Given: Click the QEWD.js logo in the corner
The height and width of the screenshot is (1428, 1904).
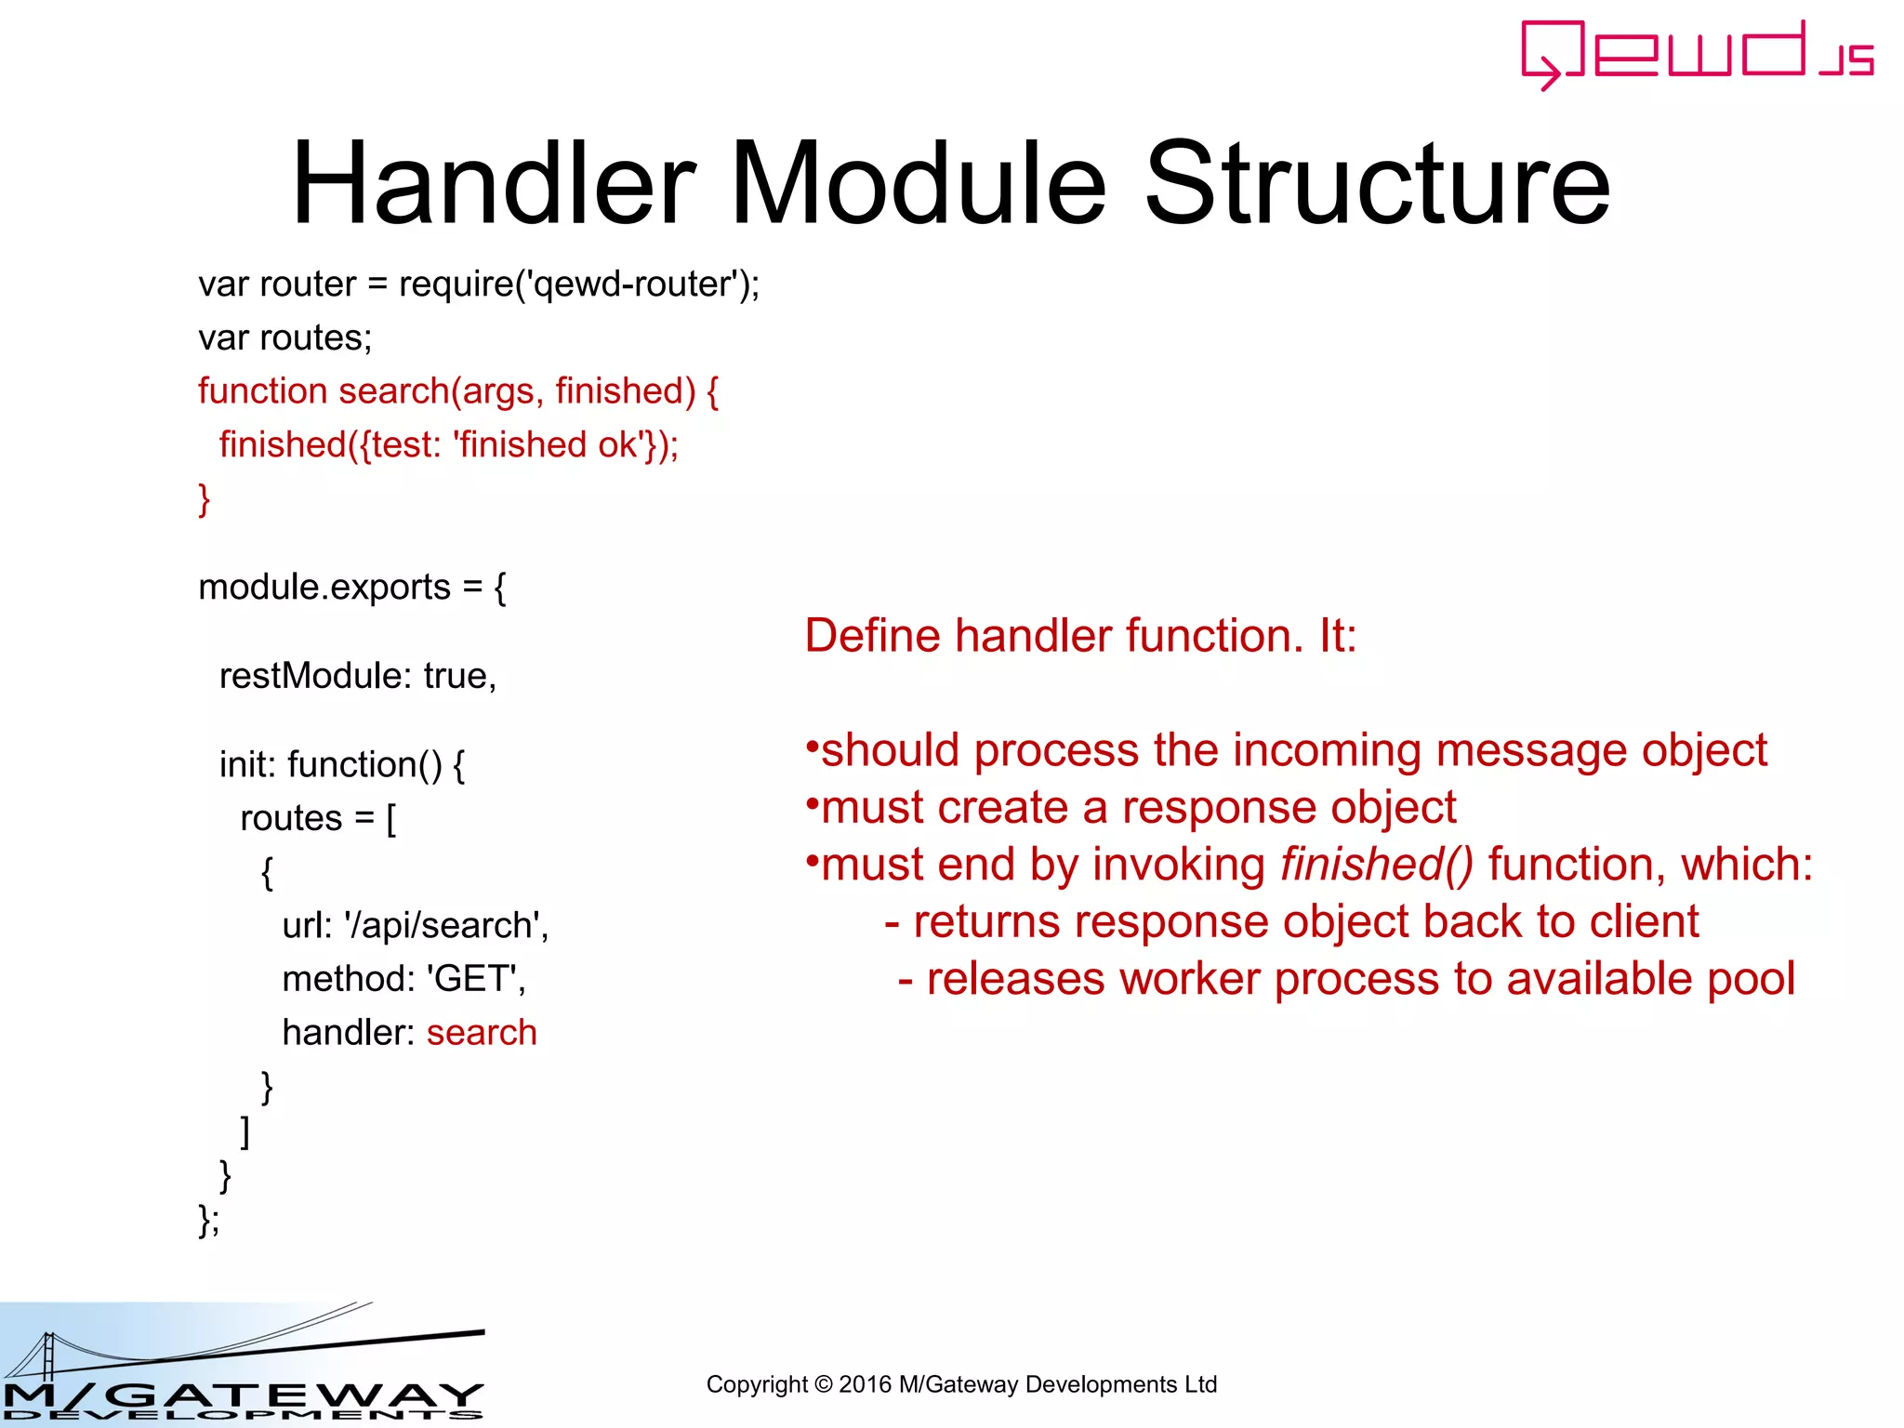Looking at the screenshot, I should [1697, 54].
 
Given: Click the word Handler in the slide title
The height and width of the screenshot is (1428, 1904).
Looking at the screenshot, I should [494, 183].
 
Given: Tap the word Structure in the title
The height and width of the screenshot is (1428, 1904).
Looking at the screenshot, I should [1377, 183].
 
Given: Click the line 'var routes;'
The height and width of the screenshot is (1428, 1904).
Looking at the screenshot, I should [284, 338].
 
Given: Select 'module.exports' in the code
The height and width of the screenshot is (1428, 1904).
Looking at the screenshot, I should [324, 588].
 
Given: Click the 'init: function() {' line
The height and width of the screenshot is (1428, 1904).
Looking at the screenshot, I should [342, 765].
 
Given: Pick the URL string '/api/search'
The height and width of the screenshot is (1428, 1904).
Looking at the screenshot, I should [443, 926].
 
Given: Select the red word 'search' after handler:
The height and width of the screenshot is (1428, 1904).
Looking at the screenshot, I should [482, 1033].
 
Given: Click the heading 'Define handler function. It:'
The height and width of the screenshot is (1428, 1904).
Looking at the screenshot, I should [1080, 637].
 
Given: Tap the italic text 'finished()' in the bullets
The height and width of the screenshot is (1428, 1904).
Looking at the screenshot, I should [1376, 865].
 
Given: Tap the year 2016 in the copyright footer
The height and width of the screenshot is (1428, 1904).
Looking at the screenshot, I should [865, 1384].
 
